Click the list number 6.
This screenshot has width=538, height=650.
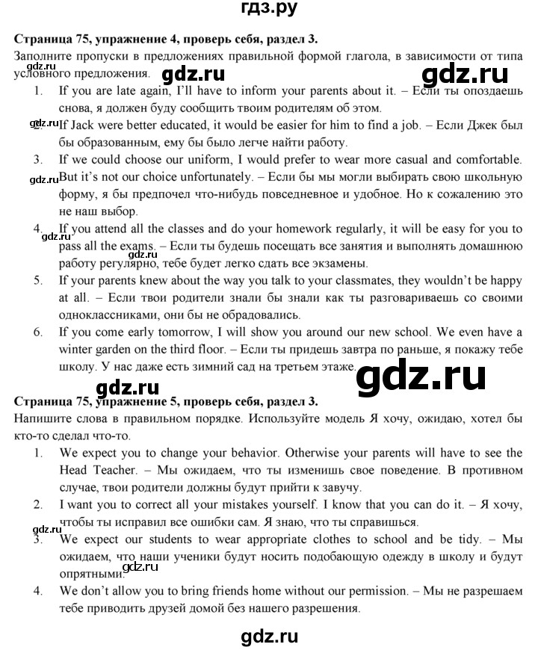37,332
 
